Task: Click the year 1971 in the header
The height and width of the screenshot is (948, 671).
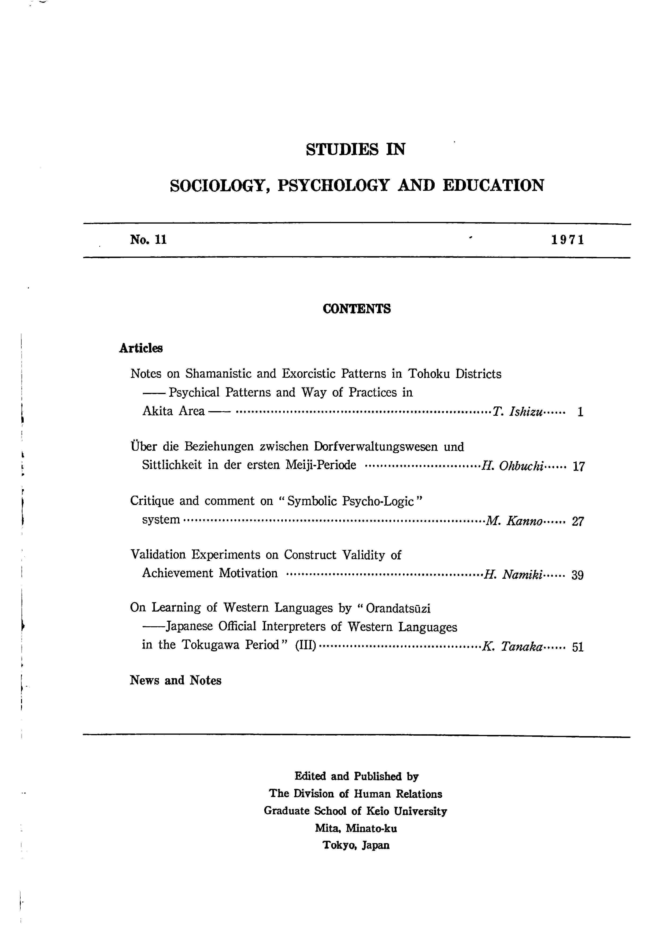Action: click(568, 240)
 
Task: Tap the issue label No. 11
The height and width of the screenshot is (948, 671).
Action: click(148, 240)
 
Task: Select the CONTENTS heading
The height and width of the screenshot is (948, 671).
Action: click(356, 309)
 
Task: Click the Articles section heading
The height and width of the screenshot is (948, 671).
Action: click(141, 348)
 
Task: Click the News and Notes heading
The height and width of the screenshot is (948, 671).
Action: click(176, 680)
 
